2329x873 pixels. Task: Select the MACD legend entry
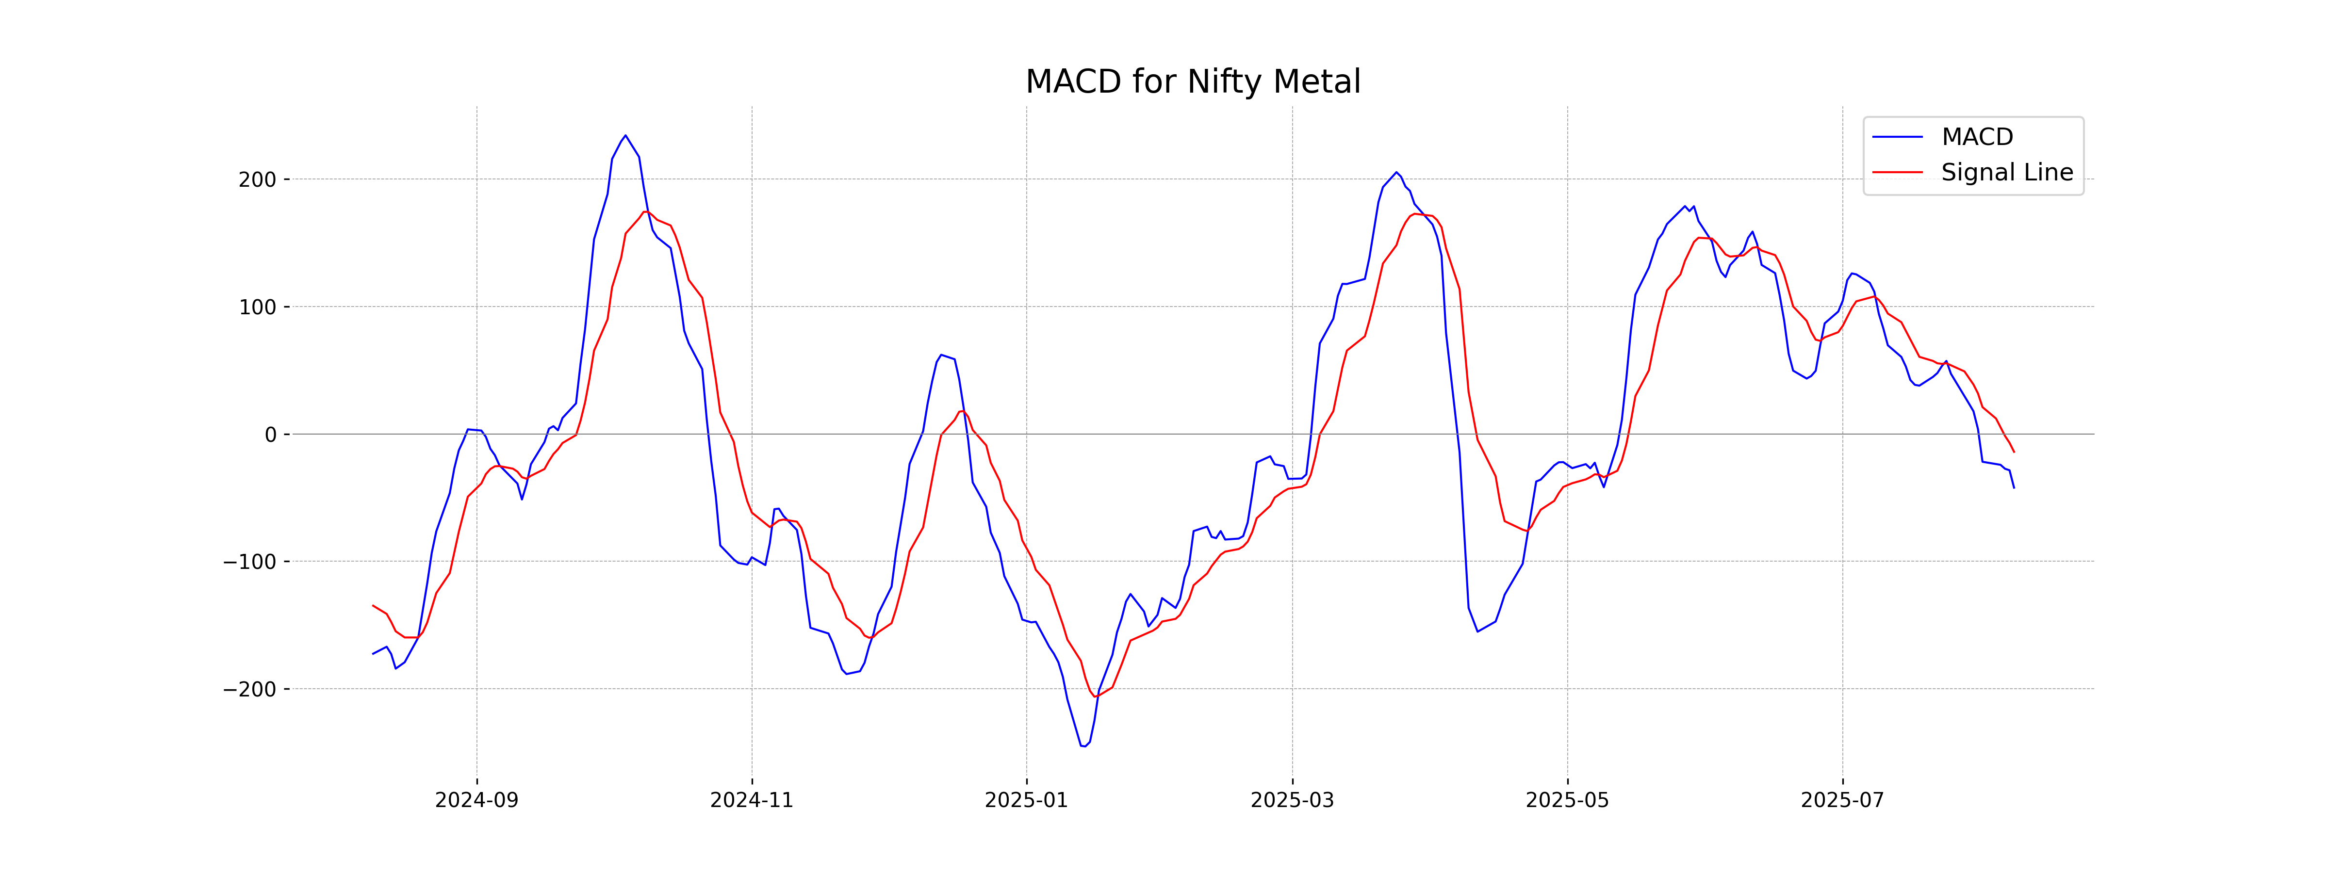(1976, 137)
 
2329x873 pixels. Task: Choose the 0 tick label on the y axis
(270, 435)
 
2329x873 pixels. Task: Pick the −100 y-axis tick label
(249, 562)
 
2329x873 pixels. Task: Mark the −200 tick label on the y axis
(249, 690)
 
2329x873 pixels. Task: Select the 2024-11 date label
(751, 801)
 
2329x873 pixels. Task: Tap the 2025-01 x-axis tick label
(1026, 801)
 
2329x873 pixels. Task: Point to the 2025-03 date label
(1292, 801)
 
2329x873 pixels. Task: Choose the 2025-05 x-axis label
(1567, 801)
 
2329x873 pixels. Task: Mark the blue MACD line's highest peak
(625, 136)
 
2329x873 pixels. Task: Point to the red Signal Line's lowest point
(1095, 696)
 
